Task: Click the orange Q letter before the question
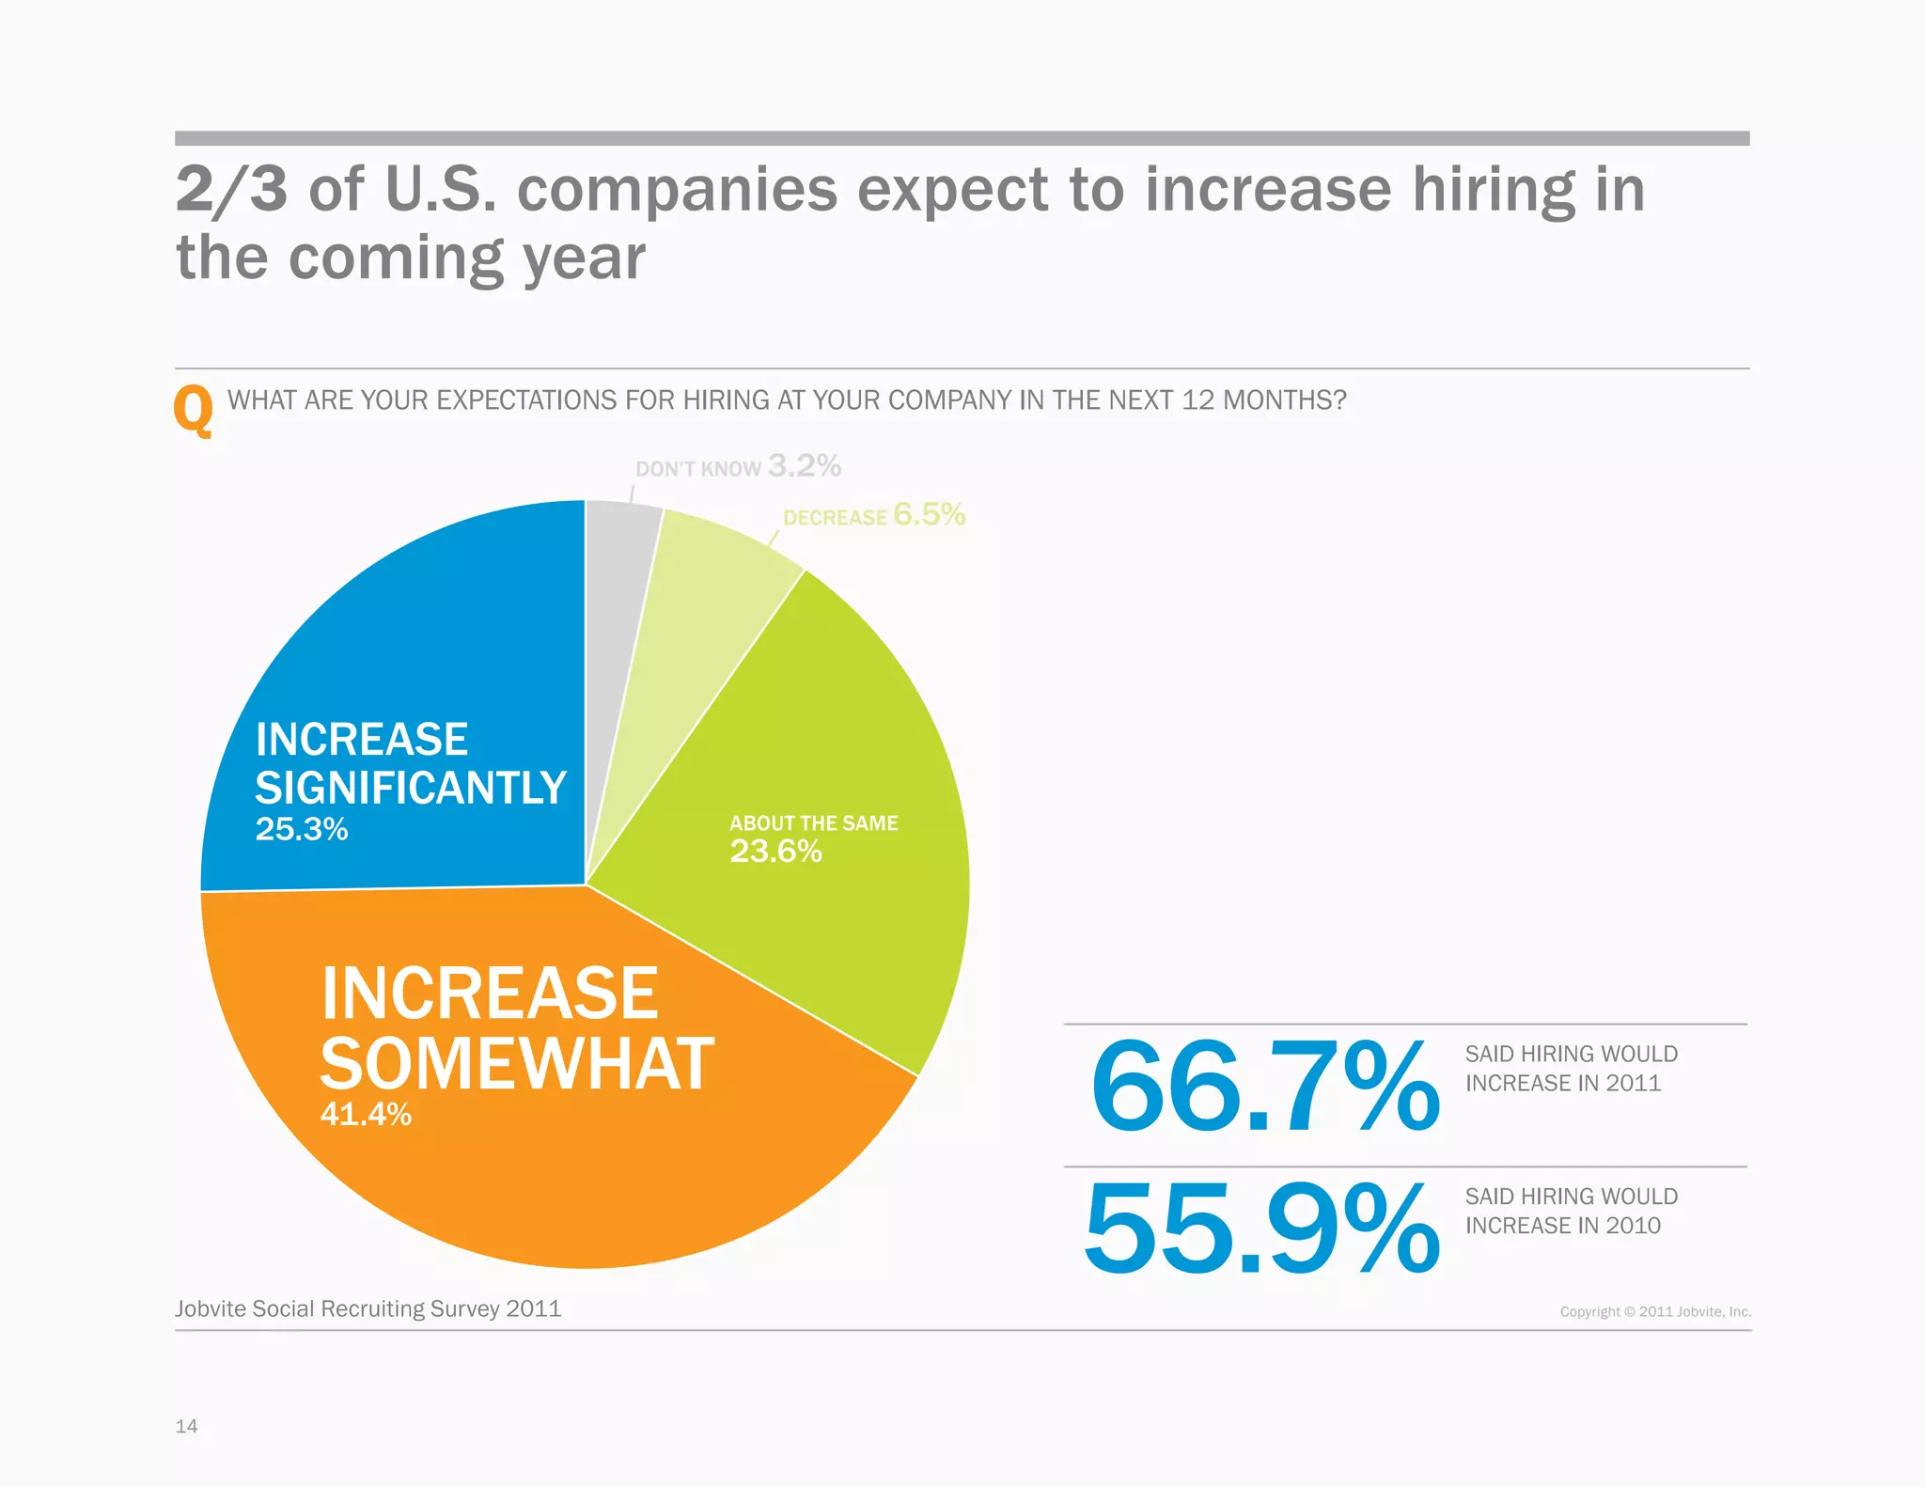(194, 411)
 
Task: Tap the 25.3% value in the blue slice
(302, 829)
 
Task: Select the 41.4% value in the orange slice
(366, 1114)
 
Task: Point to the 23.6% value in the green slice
(775, 852)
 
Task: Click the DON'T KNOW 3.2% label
(738, 466)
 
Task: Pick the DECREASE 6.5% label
(873, 515)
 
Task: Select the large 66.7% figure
(1264, 1088)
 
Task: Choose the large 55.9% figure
(1261, 1229)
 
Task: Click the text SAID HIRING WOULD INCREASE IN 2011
(1571, 1069)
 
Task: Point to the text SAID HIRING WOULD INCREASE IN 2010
(1571, 1211)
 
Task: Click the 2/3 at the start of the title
(231, 190)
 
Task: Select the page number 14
(186, 1426)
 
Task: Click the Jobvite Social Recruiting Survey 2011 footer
(368, 1308)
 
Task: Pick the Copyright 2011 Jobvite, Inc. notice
(1655, 1311)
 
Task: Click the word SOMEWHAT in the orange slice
(517, 1064)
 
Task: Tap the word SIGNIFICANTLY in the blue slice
(411, 788)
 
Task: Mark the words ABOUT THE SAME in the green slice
(813, 823)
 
